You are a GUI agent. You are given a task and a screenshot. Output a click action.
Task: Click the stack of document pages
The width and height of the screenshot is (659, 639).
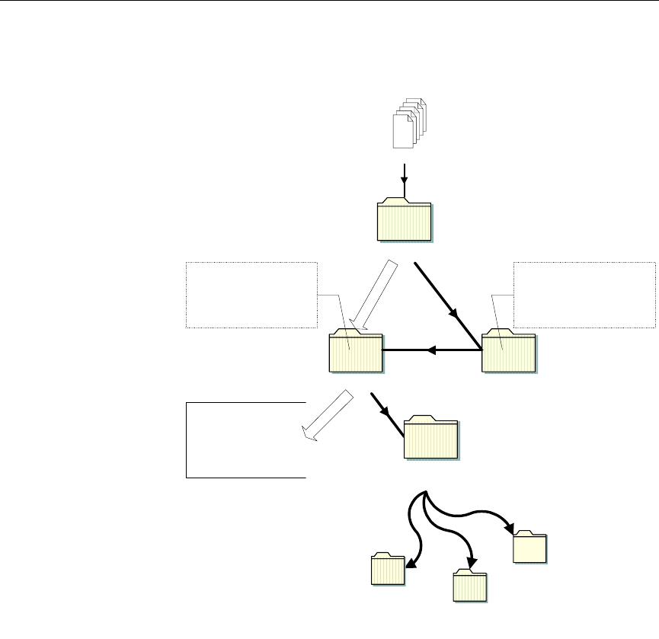pyautogui.click(x=408, y=124)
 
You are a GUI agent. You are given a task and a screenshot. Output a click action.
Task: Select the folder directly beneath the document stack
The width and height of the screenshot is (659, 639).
pyautogui.click(x=405, y=222)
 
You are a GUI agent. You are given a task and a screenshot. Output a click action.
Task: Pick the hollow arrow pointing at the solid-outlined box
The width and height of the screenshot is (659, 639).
pyautogui.click(x=327, y=417)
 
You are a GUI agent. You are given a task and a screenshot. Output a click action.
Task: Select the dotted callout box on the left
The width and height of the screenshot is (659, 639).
pyautogui.click(x=251, y=295)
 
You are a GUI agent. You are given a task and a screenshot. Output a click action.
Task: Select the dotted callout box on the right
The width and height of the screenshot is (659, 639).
pyautogui.click(x=584, y=295)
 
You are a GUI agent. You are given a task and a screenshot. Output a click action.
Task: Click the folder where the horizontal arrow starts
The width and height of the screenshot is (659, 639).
pyautogui.click(x=509, y=352)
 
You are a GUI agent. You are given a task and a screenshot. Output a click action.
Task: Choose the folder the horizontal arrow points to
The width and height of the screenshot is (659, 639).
pyautogui.click(x=356, y=353)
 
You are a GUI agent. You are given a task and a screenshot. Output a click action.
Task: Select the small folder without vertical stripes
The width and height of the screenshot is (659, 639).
pyautogui.click(x=530, y=547)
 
